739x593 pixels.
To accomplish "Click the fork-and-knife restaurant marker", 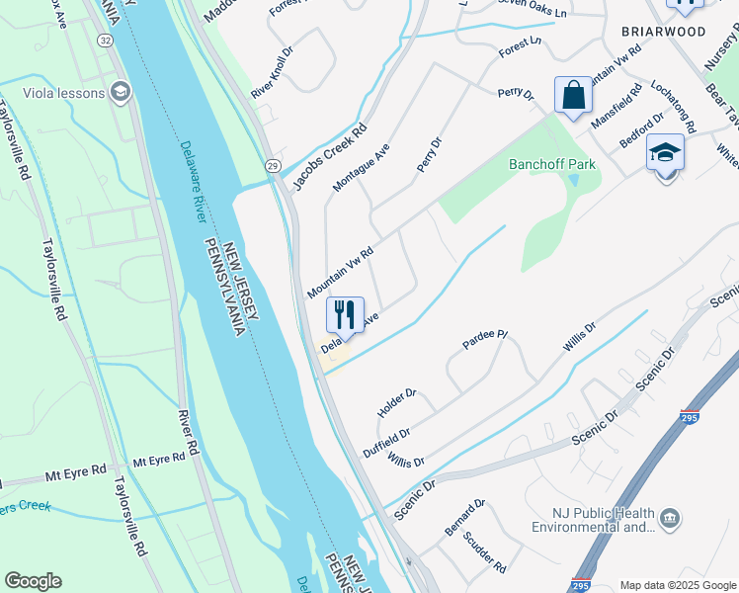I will [345, 315].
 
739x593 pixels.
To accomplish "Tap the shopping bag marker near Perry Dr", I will [573, 96].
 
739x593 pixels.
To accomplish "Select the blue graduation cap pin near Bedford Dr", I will [666, 154].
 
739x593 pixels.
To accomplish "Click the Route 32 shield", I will [105, 41].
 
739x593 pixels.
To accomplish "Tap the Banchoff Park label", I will [552, 164].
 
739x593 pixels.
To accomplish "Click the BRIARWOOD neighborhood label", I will [663, 32].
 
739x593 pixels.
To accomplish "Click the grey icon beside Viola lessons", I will [122, 93].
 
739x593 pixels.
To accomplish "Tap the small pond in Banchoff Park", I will [573, 181].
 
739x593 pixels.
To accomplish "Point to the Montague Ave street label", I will [361, 166].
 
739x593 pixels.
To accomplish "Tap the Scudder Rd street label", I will [485, 555].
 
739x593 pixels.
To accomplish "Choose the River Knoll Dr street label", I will [273, 68].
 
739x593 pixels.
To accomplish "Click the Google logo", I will [33, 581].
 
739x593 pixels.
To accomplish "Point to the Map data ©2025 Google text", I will [677, 585].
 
